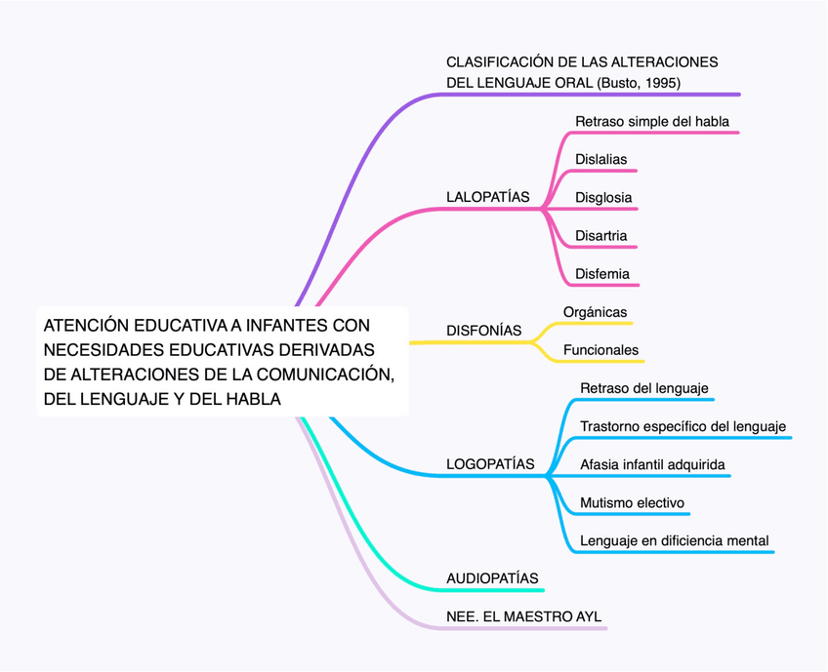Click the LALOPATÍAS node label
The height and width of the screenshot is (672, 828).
click(487, 197)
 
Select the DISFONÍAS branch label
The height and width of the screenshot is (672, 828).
click(483, 331)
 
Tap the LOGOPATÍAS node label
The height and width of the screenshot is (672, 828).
click(490, 464)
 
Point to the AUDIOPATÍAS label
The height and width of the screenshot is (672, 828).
click(492, 578)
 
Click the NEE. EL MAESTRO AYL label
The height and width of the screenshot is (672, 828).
click(523, 616)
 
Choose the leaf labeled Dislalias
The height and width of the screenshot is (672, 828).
click(600, 159)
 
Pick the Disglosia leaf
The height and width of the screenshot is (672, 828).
click(603, 197)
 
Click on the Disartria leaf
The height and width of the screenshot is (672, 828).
click(600, 236)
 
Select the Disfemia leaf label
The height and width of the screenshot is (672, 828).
click(602, 274)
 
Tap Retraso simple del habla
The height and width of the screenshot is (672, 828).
click(651, 121)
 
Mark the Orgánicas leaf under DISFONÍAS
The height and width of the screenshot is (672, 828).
click(595, 312)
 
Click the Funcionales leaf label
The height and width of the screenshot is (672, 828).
click(600, 350)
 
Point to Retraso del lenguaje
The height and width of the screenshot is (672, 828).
click(643, 388)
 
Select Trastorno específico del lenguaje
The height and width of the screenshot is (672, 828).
click(683, 426)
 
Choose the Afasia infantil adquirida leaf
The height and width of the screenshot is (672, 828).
click(652, 464)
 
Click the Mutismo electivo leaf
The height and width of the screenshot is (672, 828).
click(632, 503)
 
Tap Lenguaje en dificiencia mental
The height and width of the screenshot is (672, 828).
click(674, 540)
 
